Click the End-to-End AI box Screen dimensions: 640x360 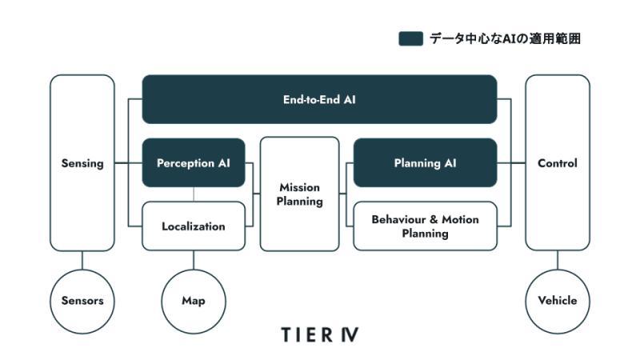319,99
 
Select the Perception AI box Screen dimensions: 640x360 194,163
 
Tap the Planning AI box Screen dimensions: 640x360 425,163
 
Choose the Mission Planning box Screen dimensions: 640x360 299,194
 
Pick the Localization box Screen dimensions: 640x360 194,226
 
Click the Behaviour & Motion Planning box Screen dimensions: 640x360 425,226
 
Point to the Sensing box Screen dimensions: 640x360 82,163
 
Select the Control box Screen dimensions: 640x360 558,163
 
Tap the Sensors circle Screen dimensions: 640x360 82,302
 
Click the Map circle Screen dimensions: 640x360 194,302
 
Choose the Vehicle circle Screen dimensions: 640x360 558,302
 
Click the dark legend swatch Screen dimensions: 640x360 410,38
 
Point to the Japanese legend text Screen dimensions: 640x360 505,38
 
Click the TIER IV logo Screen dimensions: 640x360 320,334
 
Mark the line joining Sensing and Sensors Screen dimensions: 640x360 82,260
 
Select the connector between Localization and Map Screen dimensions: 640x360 194,259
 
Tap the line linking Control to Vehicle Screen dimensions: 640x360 558,260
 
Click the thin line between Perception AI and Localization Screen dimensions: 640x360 194,194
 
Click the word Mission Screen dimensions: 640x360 299,187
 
